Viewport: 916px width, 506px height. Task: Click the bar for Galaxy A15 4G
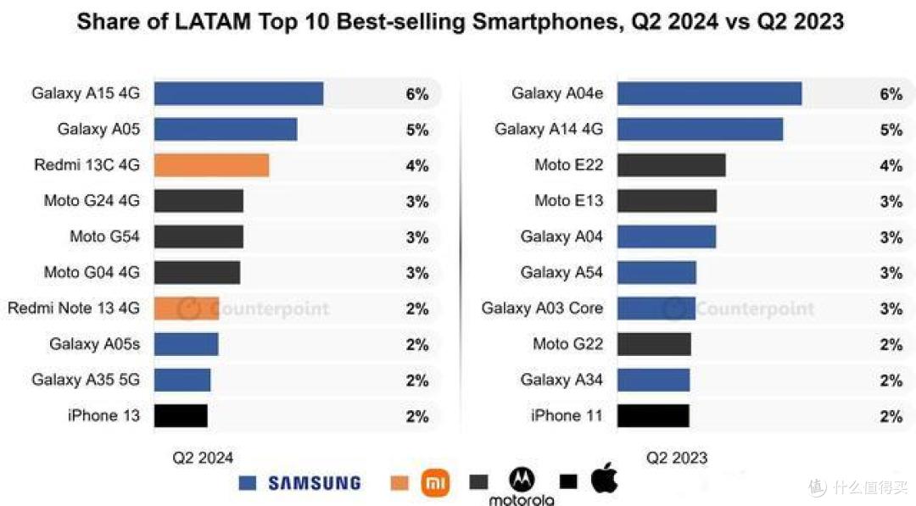point(238,93)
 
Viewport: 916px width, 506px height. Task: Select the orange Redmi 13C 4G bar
point(211,165)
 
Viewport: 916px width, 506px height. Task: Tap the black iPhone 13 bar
point(181,416)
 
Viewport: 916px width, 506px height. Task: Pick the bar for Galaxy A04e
point(709,93)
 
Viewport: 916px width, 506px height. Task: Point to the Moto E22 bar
point(671,165)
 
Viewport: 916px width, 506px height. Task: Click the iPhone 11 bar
point(653,416)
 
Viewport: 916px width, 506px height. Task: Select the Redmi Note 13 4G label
point(74,309)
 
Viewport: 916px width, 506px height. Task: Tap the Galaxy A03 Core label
point(542,309)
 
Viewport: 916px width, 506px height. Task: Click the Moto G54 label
point(104,236)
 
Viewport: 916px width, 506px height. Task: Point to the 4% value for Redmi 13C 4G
point(417,166)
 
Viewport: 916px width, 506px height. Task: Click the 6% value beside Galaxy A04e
point(891,94)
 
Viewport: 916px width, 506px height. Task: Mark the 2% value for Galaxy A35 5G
point(417,381)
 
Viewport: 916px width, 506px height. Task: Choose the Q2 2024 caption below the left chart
point(203,459)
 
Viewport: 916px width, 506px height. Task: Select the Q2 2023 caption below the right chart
point(677,459)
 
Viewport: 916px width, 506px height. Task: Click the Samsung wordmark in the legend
point(315,483)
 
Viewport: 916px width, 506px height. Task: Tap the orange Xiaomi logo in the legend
point(435,483)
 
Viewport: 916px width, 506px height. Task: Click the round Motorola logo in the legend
point(522,480)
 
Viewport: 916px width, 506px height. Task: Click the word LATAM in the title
point(205,22)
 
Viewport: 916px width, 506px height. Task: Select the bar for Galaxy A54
point(656,273)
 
